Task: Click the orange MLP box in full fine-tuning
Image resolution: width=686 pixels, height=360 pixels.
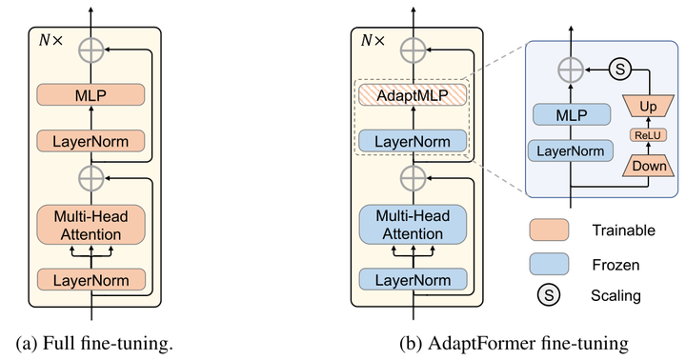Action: [x=91, y=94]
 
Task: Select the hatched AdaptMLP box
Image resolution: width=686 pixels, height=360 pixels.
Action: [x=413, y=94]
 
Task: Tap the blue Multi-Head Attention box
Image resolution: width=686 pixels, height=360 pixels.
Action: [x=413, y=224]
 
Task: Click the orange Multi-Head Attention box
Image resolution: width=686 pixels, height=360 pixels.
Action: [x=91, y=224]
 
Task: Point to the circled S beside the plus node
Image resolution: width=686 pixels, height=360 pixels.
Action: [x=618, y=69]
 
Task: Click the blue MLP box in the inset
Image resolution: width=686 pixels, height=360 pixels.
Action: [x=571, y=115]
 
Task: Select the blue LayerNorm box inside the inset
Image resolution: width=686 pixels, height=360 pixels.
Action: [x=571, y=150]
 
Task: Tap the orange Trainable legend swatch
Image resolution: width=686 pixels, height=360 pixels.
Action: [x=548, y=229]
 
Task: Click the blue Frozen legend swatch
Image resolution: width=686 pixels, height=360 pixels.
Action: [x=548, y=262]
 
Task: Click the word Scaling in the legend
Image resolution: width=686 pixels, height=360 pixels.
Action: [x=615, y=296]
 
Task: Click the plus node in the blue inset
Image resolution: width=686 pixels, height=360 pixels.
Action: [x=571, y=69]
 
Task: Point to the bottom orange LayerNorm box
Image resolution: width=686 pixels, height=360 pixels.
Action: [x=91, y=279]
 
